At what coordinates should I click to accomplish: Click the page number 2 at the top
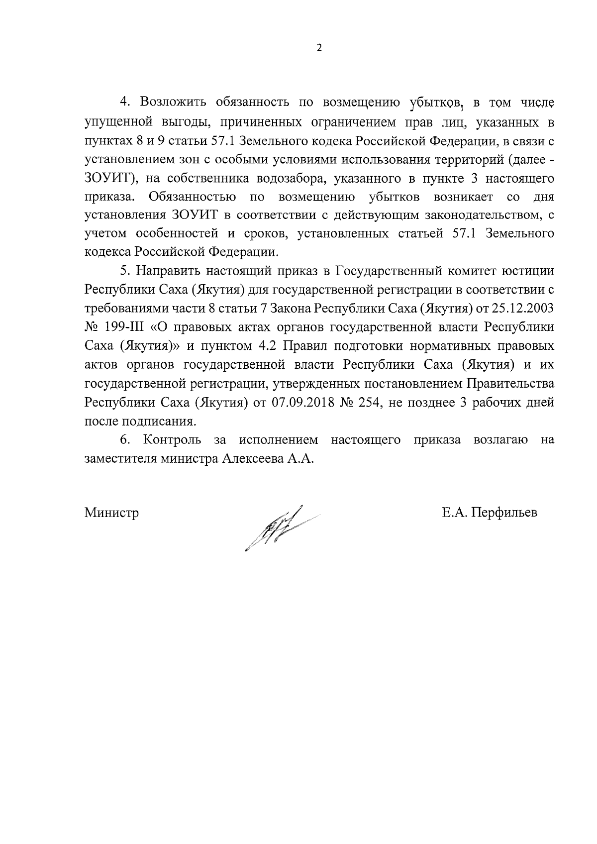tap(319, 48)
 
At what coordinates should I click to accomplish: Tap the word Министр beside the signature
tap(111, 513)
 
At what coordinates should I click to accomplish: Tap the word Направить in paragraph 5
tap(167, 271)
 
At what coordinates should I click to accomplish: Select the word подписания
tap(163, 422)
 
